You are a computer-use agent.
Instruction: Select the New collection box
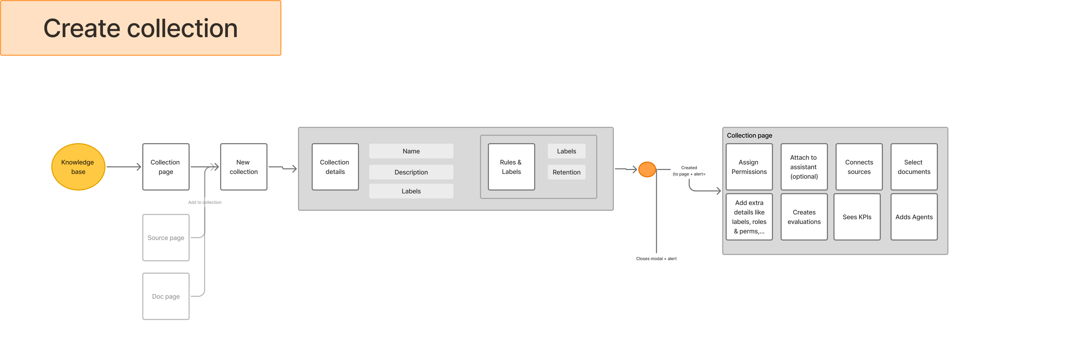click(244, 167)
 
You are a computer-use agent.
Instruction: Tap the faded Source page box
click(166, 238)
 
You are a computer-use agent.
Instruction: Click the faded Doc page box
click(166, 296)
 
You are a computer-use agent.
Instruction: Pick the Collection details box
click(335, 167)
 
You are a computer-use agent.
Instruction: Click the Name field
click(411, 151)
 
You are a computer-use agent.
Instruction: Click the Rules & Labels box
click(511, 167)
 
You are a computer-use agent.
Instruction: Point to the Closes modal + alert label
click(656, 258)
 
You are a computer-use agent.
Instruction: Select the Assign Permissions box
click(749, 167)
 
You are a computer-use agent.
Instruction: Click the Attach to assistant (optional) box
click(803, 167)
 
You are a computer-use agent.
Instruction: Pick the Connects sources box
click(859, 167)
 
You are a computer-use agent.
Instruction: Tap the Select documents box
click(914, 167)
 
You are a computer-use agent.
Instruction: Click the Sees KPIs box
click(857, 217)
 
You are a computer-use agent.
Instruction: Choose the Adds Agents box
click(914, 217)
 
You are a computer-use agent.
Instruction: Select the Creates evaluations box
click(803, 217)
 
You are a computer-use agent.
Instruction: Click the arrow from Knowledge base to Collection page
click(123, 167)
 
